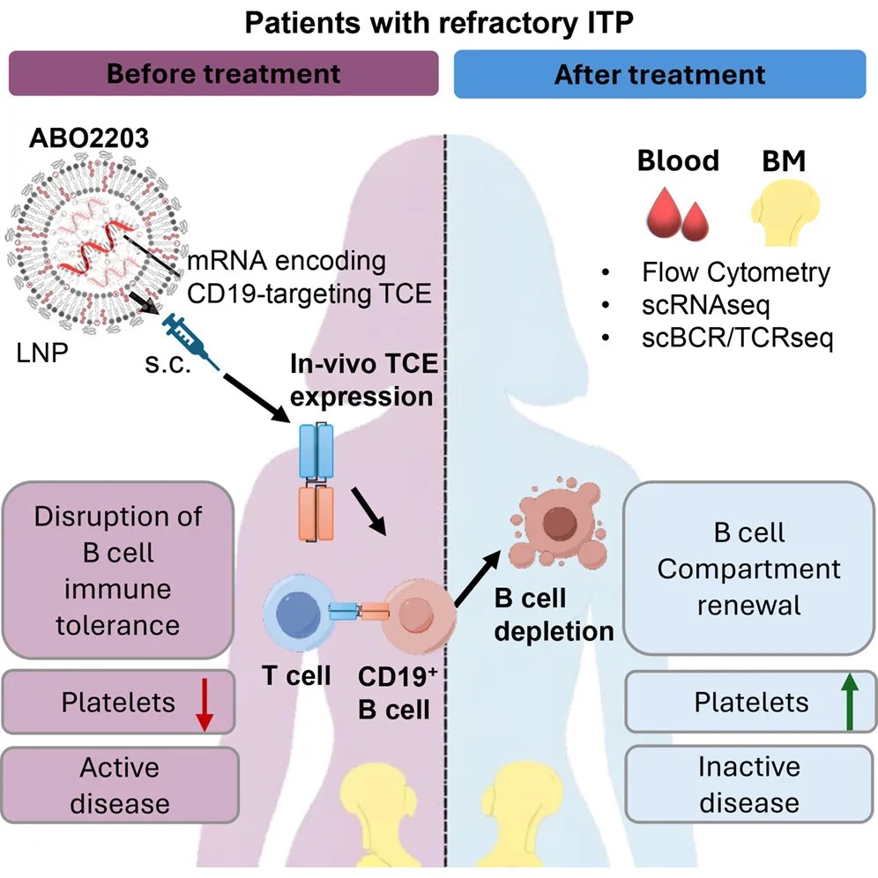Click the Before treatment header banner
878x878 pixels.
223,73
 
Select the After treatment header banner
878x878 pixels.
659,74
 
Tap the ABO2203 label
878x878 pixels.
89,138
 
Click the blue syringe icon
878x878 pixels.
190,341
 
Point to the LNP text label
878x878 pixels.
42,353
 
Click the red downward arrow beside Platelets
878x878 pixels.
205,704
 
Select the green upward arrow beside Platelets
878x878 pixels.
850,701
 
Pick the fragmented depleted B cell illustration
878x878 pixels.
558,523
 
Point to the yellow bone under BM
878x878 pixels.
785,213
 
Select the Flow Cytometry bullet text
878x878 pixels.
736,272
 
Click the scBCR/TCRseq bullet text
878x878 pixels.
738,338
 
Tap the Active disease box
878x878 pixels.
120,785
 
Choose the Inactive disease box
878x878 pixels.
749,784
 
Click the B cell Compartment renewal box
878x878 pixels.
749,568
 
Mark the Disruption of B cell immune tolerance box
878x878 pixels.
117,570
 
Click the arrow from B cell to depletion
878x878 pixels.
478,578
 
